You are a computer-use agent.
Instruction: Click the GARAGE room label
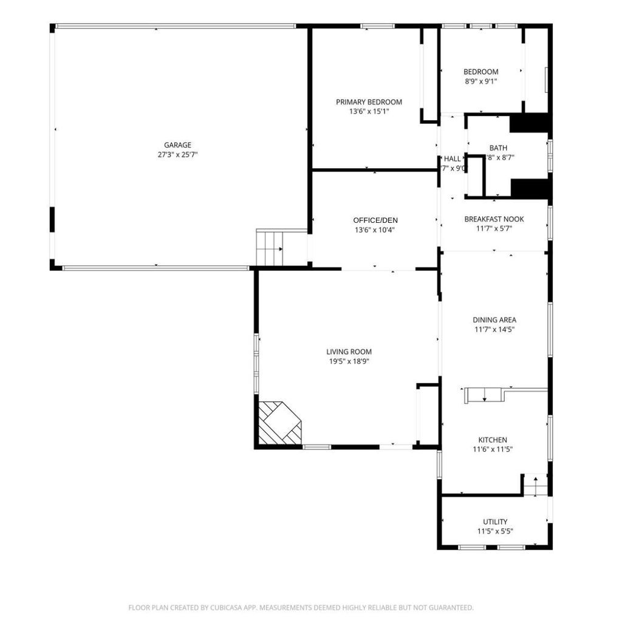tap(177, 145)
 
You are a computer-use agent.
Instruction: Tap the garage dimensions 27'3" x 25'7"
tap(177, 155)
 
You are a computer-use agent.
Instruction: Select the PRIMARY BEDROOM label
tap(369, 102)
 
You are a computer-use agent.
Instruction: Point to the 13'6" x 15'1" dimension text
tap(369, 112)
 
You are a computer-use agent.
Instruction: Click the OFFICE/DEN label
tap(375, 220)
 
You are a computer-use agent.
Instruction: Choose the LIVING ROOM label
tap(349, 352)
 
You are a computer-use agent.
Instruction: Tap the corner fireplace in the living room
tap(279, 423)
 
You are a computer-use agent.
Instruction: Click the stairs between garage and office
tap(270, 248)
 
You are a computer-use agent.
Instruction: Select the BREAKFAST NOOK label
tap(494, 219)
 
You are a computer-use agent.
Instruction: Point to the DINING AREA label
tap(494, 320)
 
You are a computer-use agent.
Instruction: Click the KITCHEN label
tap(492, 440)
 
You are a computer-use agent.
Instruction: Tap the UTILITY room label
tap(495, 522)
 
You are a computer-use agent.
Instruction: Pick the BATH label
tap(498, 148)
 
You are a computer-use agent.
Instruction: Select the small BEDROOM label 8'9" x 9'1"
tap(480, 72)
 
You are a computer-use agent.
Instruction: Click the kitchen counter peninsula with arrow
tap(485, 396)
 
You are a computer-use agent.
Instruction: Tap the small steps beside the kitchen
tap(536, 485)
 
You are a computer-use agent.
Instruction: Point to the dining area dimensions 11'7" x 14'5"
tap(494, 330)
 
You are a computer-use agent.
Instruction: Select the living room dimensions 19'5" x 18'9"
tap(349, 361)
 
